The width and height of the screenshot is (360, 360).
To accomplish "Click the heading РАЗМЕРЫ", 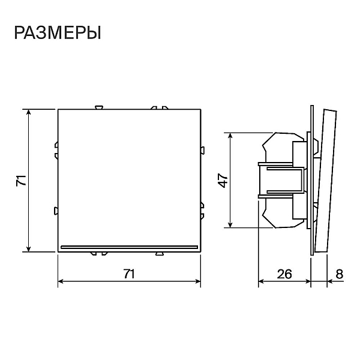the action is pyautogui.click(x=58, y=33).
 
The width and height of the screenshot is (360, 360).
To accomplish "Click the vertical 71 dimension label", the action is pyautogui.click(x=21, y=180).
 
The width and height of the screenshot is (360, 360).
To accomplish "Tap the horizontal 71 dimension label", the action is pyautogui.click(x=129, y=274).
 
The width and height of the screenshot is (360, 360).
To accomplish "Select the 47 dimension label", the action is pyautogui.click(x=223, y=180).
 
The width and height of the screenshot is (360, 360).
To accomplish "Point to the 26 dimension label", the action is pyautogui.click(x=284, y=274).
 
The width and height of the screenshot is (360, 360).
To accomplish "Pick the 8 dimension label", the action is pyautogui.click(x=340, y=274).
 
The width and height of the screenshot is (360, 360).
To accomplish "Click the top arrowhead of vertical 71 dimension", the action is pyautogui.click(x=28, y=112).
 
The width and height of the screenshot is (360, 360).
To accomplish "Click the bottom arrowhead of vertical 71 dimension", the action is pyautogui.click(x=28, y=249).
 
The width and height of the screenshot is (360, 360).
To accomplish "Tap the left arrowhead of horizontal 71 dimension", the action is pyautogui.click(x=61, y=281).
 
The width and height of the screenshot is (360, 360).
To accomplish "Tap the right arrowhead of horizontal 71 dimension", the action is pyautogui.click(x=198, y=281).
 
